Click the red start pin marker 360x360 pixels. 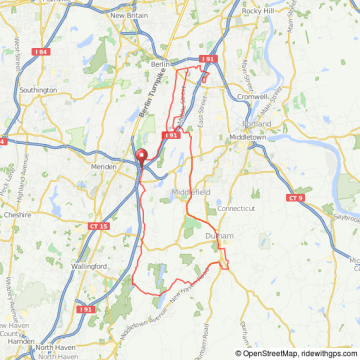point(140,156)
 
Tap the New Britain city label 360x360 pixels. point(130,16)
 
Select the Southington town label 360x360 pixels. point(39,89)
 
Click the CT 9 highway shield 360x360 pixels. point(295,198)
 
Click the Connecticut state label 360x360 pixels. point(237,208)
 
